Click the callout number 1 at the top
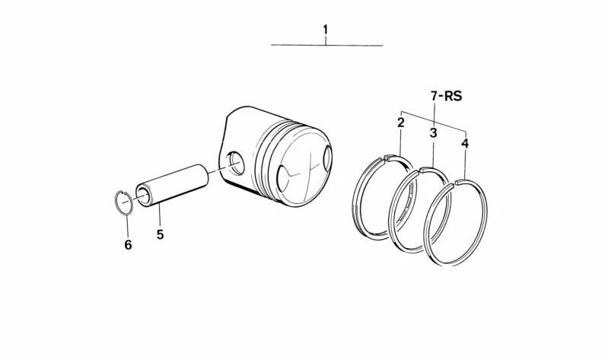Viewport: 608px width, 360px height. tap(326, 30)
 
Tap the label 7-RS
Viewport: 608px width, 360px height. tap(446, 97)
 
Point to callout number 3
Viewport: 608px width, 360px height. tap(433, 132)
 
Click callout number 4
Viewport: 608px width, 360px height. tap(465, 142)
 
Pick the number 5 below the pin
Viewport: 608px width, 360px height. tap(160, 234)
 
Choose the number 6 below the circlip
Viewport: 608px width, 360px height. tap(128, 244)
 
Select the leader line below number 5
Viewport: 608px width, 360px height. tap(160, 216)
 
